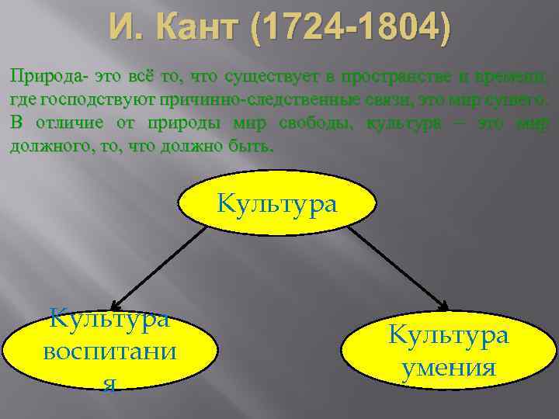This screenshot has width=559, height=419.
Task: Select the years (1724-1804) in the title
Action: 349,29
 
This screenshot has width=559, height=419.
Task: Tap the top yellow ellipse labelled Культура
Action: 278,204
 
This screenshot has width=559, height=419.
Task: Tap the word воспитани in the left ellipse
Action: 109,351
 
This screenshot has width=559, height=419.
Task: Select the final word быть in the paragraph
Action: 254,147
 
